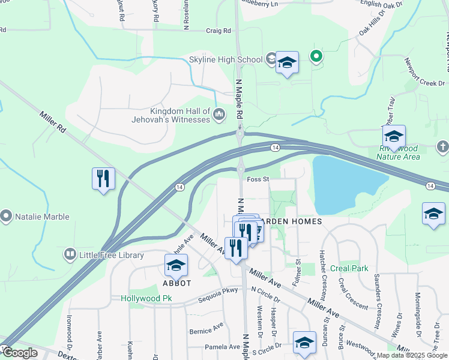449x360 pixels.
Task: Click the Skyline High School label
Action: [x=226, y=59]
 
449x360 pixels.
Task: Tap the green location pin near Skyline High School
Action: [x=316, y=57]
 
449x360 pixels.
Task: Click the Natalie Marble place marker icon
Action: [x=7, y=214]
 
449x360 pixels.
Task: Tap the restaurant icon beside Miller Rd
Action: [x=103, y=179]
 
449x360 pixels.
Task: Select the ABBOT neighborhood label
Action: [x=176, y=283]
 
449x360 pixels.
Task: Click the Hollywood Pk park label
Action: [x=146, y=298]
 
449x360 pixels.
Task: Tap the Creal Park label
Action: [x=352, y=268]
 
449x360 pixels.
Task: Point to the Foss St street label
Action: [x=257, y=178]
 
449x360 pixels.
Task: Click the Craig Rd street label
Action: [x=218, y=31]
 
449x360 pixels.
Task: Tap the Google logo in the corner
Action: [x=20, y=353]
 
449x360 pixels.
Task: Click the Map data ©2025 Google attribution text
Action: [x=411, y=355]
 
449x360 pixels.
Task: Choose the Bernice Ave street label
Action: [x=206, y=331]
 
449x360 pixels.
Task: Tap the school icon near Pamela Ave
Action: [x=304, y=343]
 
